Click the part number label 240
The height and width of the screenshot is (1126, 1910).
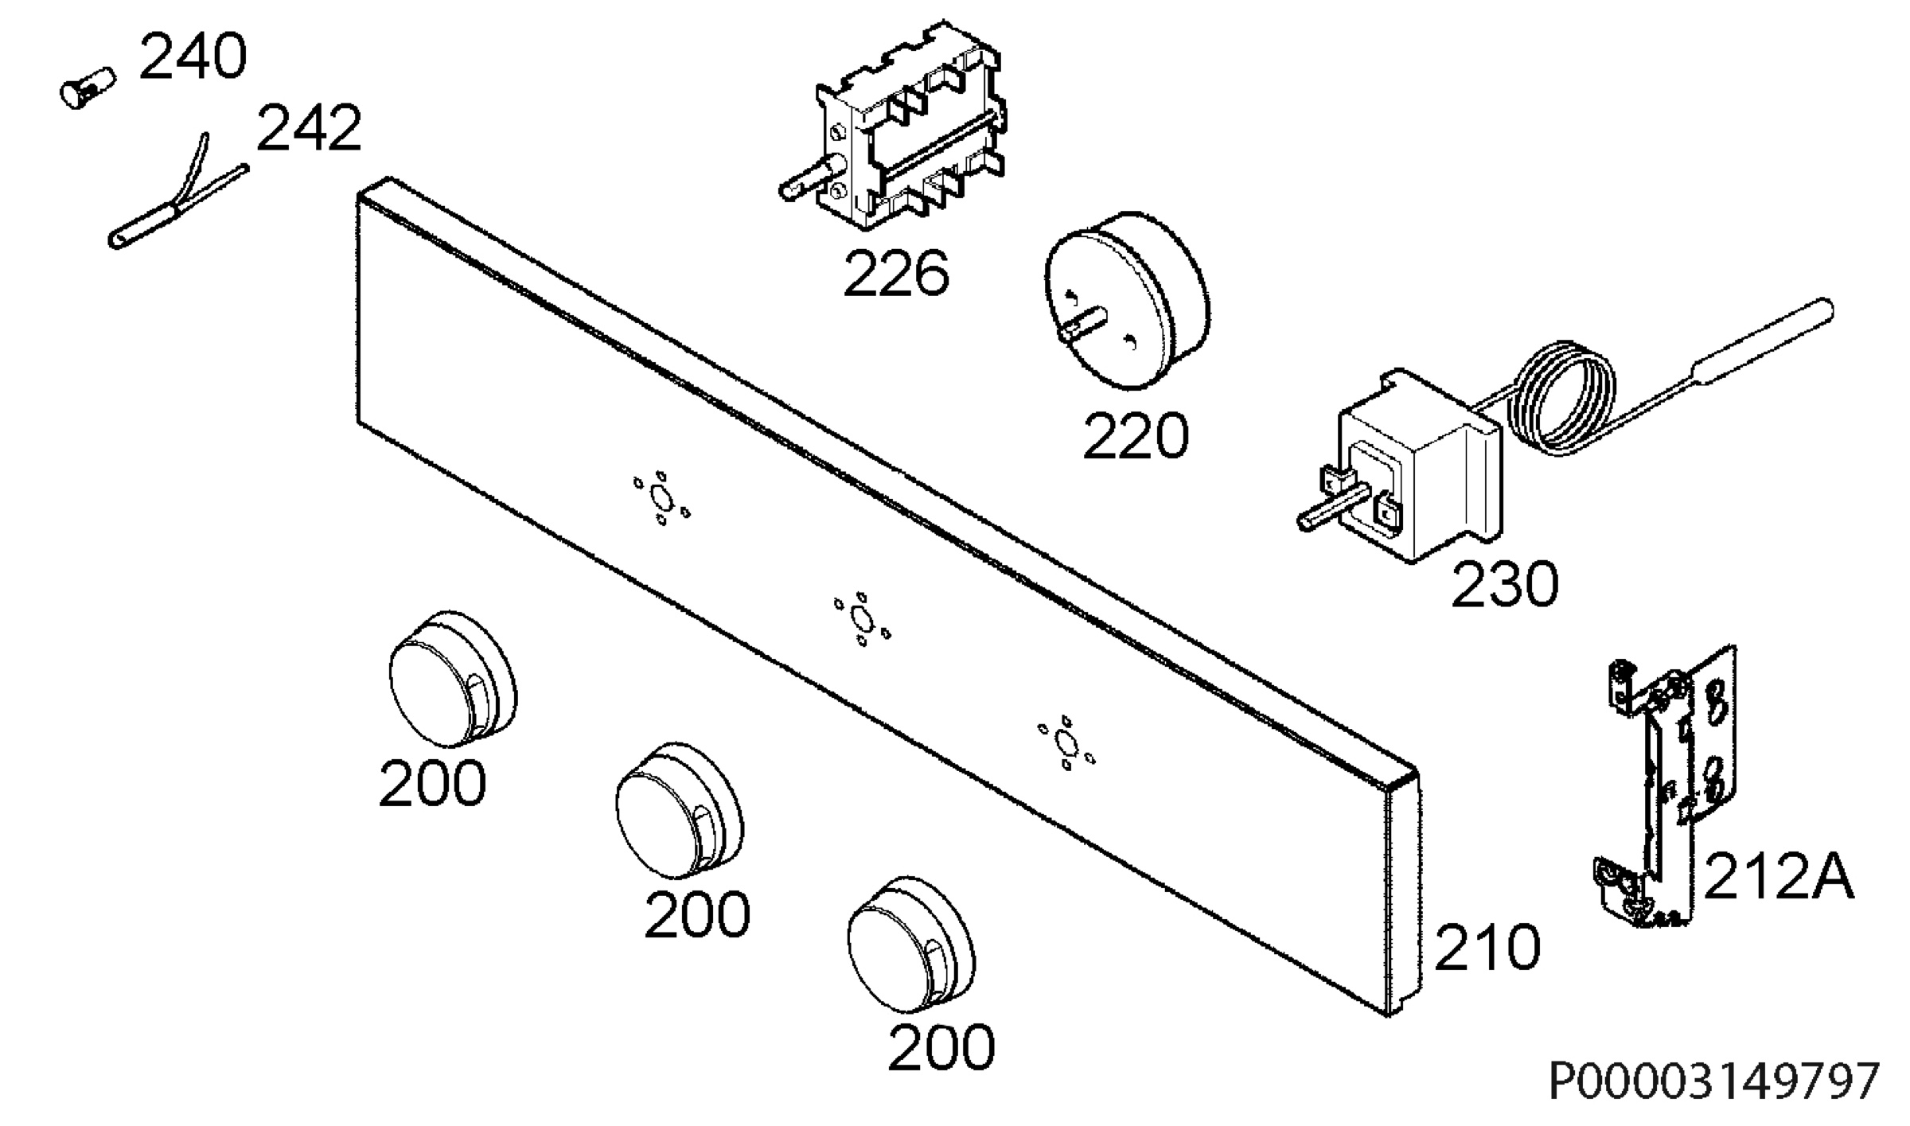193,57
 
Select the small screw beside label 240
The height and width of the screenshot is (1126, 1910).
88,88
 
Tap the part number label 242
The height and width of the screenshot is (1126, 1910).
309,129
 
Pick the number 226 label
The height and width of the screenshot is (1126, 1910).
896,275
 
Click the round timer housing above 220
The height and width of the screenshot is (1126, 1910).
1127,300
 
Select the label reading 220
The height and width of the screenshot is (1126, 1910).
1136,437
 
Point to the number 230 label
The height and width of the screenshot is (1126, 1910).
1504,585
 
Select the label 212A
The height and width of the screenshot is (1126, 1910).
1779,877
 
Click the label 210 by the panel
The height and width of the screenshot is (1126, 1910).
1487,948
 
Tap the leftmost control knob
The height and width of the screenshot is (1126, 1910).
453,680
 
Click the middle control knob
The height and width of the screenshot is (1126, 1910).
680,811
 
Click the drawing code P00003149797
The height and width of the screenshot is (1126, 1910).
1714,1081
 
